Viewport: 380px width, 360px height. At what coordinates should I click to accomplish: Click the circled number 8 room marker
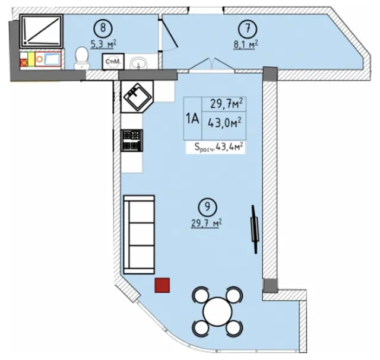pos(103,28)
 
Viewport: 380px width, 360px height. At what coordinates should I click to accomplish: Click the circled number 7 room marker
pos(248,28)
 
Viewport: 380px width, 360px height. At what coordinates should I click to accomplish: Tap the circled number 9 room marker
pos(207,207)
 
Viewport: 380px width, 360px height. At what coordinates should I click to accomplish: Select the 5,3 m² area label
pos(103,44)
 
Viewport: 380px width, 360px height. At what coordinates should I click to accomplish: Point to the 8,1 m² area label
pos(245,44)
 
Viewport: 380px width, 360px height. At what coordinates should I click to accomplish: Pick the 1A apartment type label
pos(192,119)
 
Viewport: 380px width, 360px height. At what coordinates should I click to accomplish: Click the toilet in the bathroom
pos(82,58)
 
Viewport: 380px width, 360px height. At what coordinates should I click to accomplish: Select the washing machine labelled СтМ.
pos(113,62)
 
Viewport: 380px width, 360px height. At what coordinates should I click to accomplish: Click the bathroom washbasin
pos(138,63)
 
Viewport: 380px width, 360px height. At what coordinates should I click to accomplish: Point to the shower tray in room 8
pos(42,31)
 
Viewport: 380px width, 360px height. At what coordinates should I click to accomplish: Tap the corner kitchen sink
pos(137,96)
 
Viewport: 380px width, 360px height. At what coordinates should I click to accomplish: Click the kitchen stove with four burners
pos(132,141)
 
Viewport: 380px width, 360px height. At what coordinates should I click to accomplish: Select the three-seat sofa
pos(139,235)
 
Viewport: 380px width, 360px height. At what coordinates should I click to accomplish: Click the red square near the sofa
pos(162,285)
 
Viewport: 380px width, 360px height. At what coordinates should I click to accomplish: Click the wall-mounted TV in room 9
pos(254,230)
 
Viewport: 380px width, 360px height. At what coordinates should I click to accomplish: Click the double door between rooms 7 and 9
pos(213,65)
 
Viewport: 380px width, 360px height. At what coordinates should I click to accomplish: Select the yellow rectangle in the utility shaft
pos(31,59)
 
